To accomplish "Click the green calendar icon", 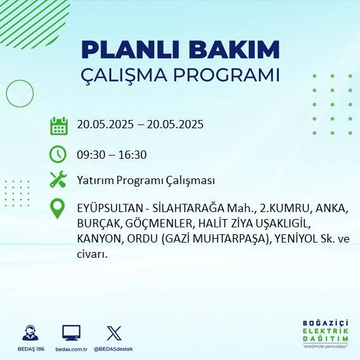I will (x=58, y=125).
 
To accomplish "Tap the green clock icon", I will (x=58, y=154).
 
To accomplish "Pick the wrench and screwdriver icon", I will (x=58, y=180).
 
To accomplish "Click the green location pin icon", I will (x=58, y=208).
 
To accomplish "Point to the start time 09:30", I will (x=91, y=154).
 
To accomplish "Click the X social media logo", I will (x=114, y=333).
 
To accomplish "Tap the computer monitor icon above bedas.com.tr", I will (x=71, y=333).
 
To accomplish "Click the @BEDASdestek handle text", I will (x=114, y=349).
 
